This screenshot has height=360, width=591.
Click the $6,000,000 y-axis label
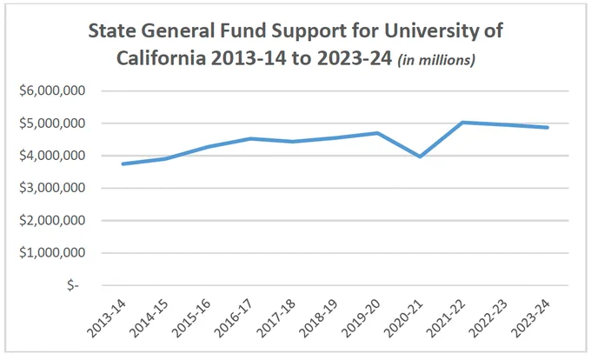(52, 90)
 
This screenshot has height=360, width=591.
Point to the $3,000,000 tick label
(52, 187)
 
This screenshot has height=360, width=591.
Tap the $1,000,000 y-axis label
(52, 252)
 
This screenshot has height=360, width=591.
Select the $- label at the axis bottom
(73, 285)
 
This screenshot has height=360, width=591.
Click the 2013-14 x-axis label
(107, 319)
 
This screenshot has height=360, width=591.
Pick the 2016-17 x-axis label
(234, 319)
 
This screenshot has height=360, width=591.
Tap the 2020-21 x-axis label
(404, 319)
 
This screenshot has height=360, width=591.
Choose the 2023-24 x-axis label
(531, 319)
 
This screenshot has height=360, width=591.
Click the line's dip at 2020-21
(420, 156)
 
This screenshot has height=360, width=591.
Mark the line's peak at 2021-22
(462, 122)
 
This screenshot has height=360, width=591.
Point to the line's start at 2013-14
(123, 163)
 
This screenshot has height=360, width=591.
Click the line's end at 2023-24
(548, 128)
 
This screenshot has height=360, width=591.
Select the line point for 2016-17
(250, 139)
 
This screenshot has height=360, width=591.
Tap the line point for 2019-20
(377, 133)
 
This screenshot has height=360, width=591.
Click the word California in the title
(161, 58)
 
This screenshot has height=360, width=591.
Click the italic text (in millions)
(436, 59)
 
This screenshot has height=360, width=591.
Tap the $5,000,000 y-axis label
(52, 123)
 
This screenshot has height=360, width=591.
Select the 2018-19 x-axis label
(319, 319)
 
